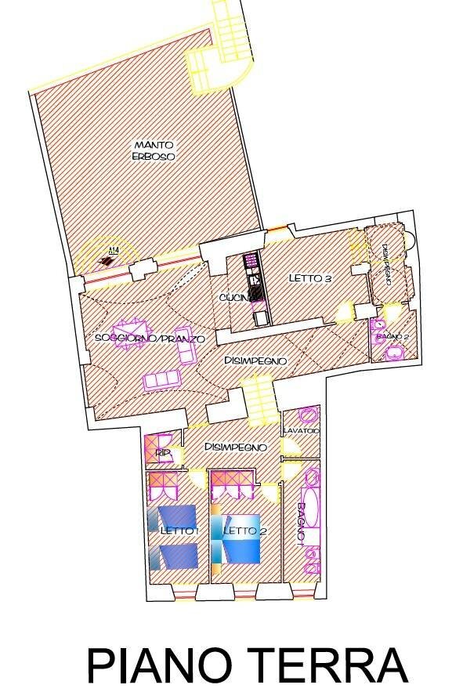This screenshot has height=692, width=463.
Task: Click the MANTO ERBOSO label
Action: tap(154, 150)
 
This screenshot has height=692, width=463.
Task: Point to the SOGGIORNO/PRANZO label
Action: tap(149, 339)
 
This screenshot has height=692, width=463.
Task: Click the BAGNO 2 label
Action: tap(392, 336)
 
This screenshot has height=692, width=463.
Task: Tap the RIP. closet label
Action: tap(162, 453)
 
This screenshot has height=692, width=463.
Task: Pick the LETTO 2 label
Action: tap(240, 531)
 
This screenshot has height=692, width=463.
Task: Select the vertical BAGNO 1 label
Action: tap(301, 524)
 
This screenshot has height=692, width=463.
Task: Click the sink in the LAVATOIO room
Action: tap(309, 415)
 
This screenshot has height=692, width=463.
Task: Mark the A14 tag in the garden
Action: tap(110, 252)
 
